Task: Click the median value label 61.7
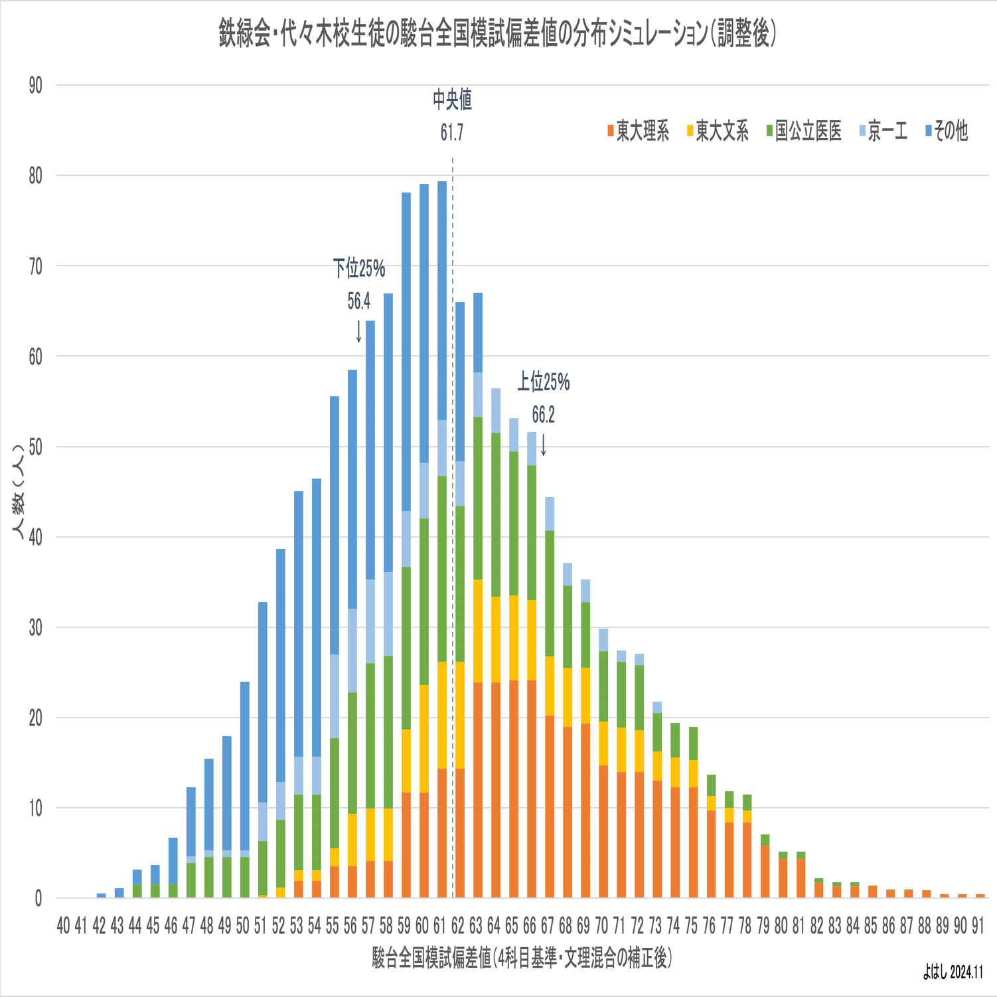452,133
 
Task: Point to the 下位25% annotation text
359,269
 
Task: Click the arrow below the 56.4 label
359,331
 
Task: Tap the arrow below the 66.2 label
543,445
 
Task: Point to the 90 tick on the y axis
35,86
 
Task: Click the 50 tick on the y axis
35,447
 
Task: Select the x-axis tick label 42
100,926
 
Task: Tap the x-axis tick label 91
978,926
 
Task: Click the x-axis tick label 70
601,926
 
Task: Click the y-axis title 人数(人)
19,491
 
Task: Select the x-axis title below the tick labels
522,958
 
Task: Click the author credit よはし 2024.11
953,973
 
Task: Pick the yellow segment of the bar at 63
478,631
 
